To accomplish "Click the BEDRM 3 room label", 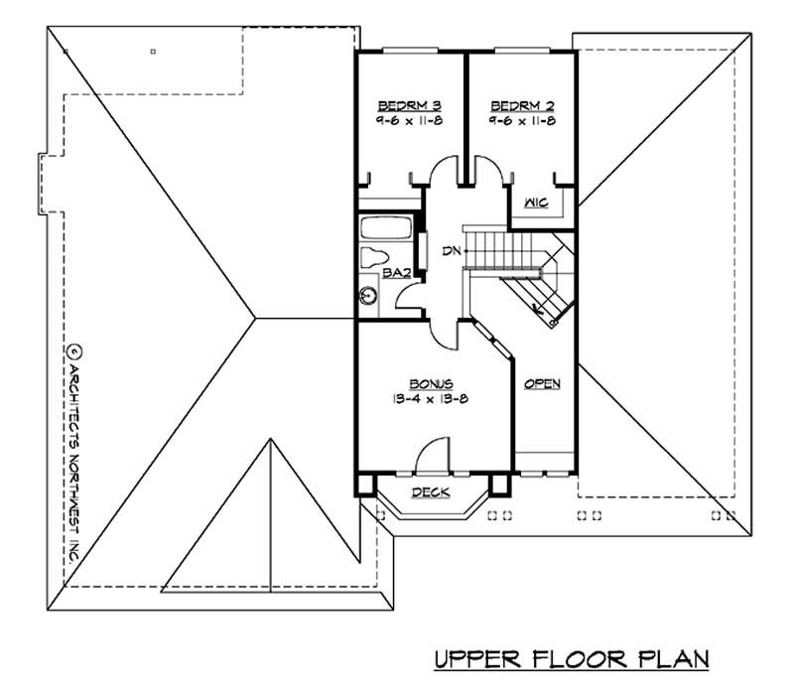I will click(x=409, y=105).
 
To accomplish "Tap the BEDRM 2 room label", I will click(x=521, y=105).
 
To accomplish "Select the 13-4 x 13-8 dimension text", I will click(x=430, y=399).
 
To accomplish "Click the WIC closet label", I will click(x=536, y=204).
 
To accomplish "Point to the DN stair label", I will click(x=451, y=251).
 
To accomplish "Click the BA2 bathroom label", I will click(x=374, y=272).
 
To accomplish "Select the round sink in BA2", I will click(x=369, y=295).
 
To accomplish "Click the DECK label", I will click(x=431, y=491).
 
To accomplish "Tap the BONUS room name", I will click(x=431, y=383).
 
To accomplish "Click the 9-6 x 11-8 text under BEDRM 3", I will click(x=409, y=120).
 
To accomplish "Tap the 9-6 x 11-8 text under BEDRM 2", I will click(x=521, y=120).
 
